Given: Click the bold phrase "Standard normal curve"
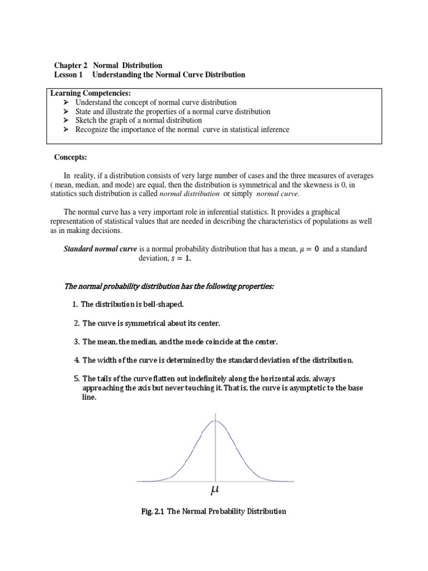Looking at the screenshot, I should (100, 249).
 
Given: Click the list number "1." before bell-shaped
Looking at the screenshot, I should (75, 304).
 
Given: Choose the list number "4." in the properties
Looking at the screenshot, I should (77, 360).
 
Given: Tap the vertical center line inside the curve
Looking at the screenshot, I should (216, 452).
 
